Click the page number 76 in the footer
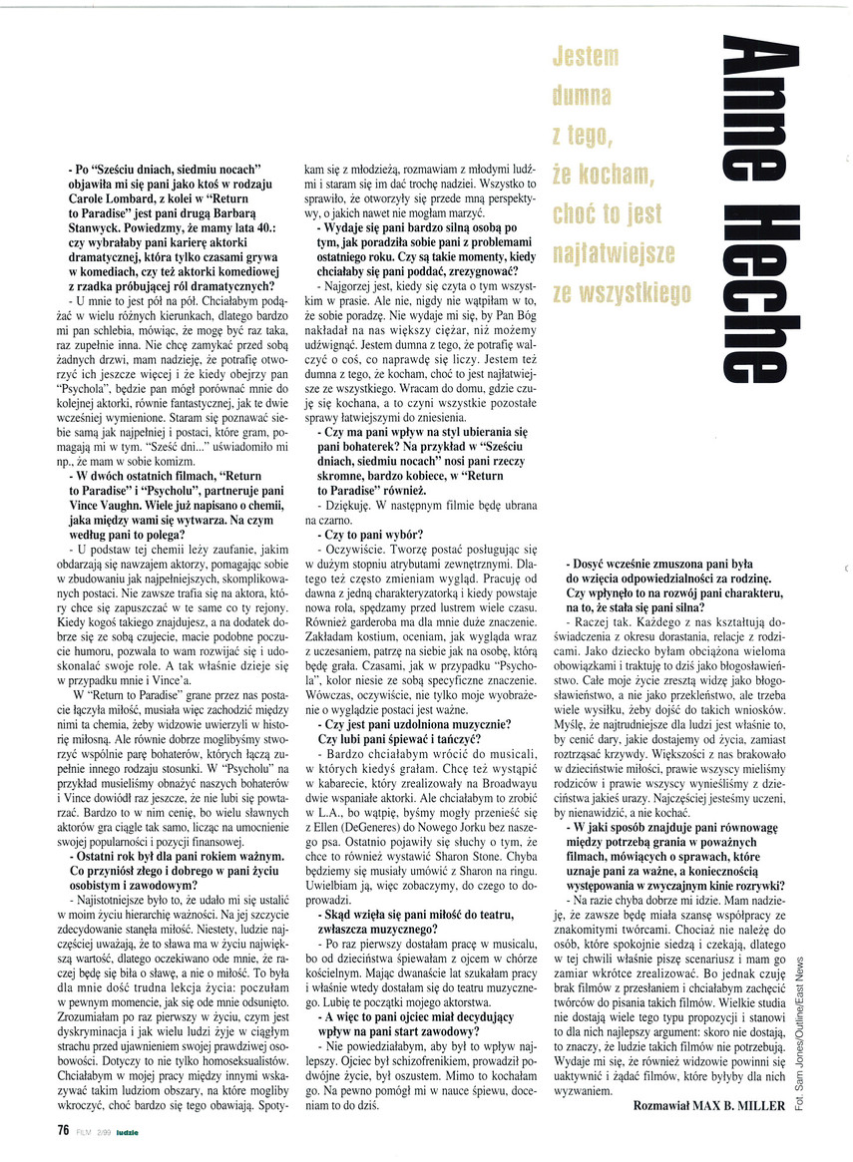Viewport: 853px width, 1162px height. [x=61, y=1130]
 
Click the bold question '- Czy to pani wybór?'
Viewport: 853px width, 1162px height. [x=369, y=536]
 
